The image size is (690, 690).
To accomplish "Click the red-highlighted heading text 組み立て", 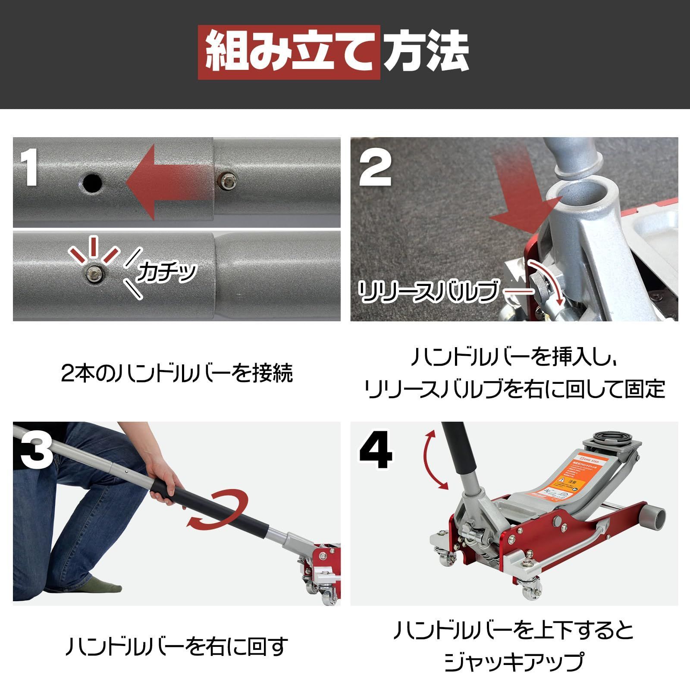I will [289, 53].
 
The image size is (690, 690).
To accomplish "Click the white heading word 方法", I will [426, 53].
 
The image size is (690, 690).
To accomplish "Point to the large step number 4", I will [376, 451].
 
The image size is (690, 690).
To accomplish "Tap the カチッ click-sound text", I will [166, 273].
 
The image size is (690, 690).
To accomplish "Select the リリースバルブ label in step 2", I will [427, 292].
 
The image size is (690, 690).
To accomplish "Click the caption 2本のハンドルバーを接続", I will [177, 373].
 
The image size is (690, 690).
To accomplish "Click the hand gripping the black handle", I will [166, 487].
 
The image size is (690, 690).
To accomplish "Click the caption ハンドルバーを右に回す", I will [177, 646].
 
